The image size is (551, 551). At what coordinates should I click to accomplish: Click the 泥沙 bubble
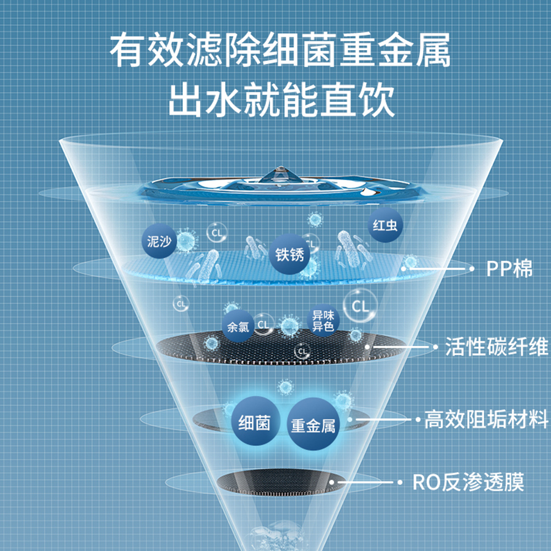159,241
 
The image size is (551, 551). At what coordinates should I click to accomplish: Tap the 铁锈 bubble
289,256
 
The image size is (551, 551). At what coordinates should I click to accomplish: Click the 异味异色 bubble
323,320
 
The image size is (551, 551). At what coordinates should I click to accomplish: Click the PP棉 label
509,269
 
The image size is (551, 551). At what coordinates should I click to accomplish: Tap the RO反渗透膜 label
468,483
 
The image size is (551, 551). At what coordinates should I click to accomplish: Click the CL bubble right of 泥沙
217,233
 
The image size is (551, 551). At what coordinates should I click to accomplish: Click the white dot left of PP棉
472,269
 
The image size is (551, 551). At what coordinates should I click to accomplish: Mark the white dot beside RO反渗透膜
399,483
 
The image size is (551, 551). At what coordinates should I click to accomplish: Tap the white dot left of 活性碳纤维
433,347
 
